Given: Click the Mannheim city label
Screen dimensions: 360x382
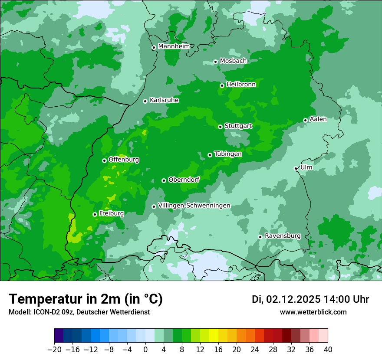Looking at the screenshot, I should (x=174, y=46).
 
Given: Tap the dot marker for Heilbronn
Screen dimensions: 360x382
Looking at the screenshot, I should (x=222, y=85).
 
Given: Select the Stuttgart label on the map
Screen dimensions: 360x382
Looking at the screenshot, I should (x=238, y=126).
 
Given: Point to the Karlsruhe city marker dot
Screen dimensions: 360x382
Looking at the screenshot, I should (x=145, y=101).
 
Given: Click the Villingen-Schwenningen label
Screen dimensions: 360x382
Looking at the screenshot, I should (x=194, y=206).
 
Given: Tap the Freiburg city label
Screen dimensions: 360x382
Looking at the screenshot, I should (x=111, y=213).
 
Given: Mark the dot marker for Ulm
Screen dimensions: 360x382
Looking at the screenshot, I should (x=296, y=168).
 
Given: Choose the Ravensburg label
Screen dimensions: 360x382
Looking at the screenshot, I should (x=283, y=236).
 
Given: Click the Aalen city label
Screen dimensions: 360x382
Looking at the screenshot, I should (x=318, y=119).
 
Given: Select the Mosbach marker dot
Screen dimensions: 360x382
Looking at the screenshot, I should (x=215, y=62).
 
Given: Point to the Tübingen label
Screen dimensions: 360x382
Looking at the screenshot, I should (x=228, y=154).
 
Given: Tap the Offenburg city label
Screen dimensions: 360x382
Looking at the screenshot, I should (x=124, y=160).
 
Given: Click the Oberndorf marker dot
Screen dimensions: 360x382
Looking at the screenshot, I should (x=164, y=180).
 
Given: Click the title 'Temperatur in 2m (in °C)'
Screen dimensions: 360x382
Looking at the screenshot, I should (x=86, y=299).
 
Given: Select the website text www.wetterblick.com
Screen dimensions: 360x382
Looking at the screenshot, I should (x=313, y=312).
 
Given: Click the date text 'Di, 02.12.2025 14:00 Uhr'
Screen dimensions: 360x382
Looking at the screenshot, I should (x=310, y=299).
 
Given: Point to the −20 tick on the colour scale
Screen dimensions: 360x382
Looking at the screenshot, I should (x=54, y=349).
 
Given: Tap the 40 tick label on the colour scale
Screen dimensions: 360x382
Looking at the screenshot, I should (x=328, y=349).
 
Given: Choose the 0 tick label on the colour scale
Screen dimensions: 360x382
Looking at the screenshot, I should (x=145, y=349).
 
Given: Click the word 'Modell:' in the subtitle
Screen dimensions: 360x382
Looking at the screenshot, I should (x=19, y=312).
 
